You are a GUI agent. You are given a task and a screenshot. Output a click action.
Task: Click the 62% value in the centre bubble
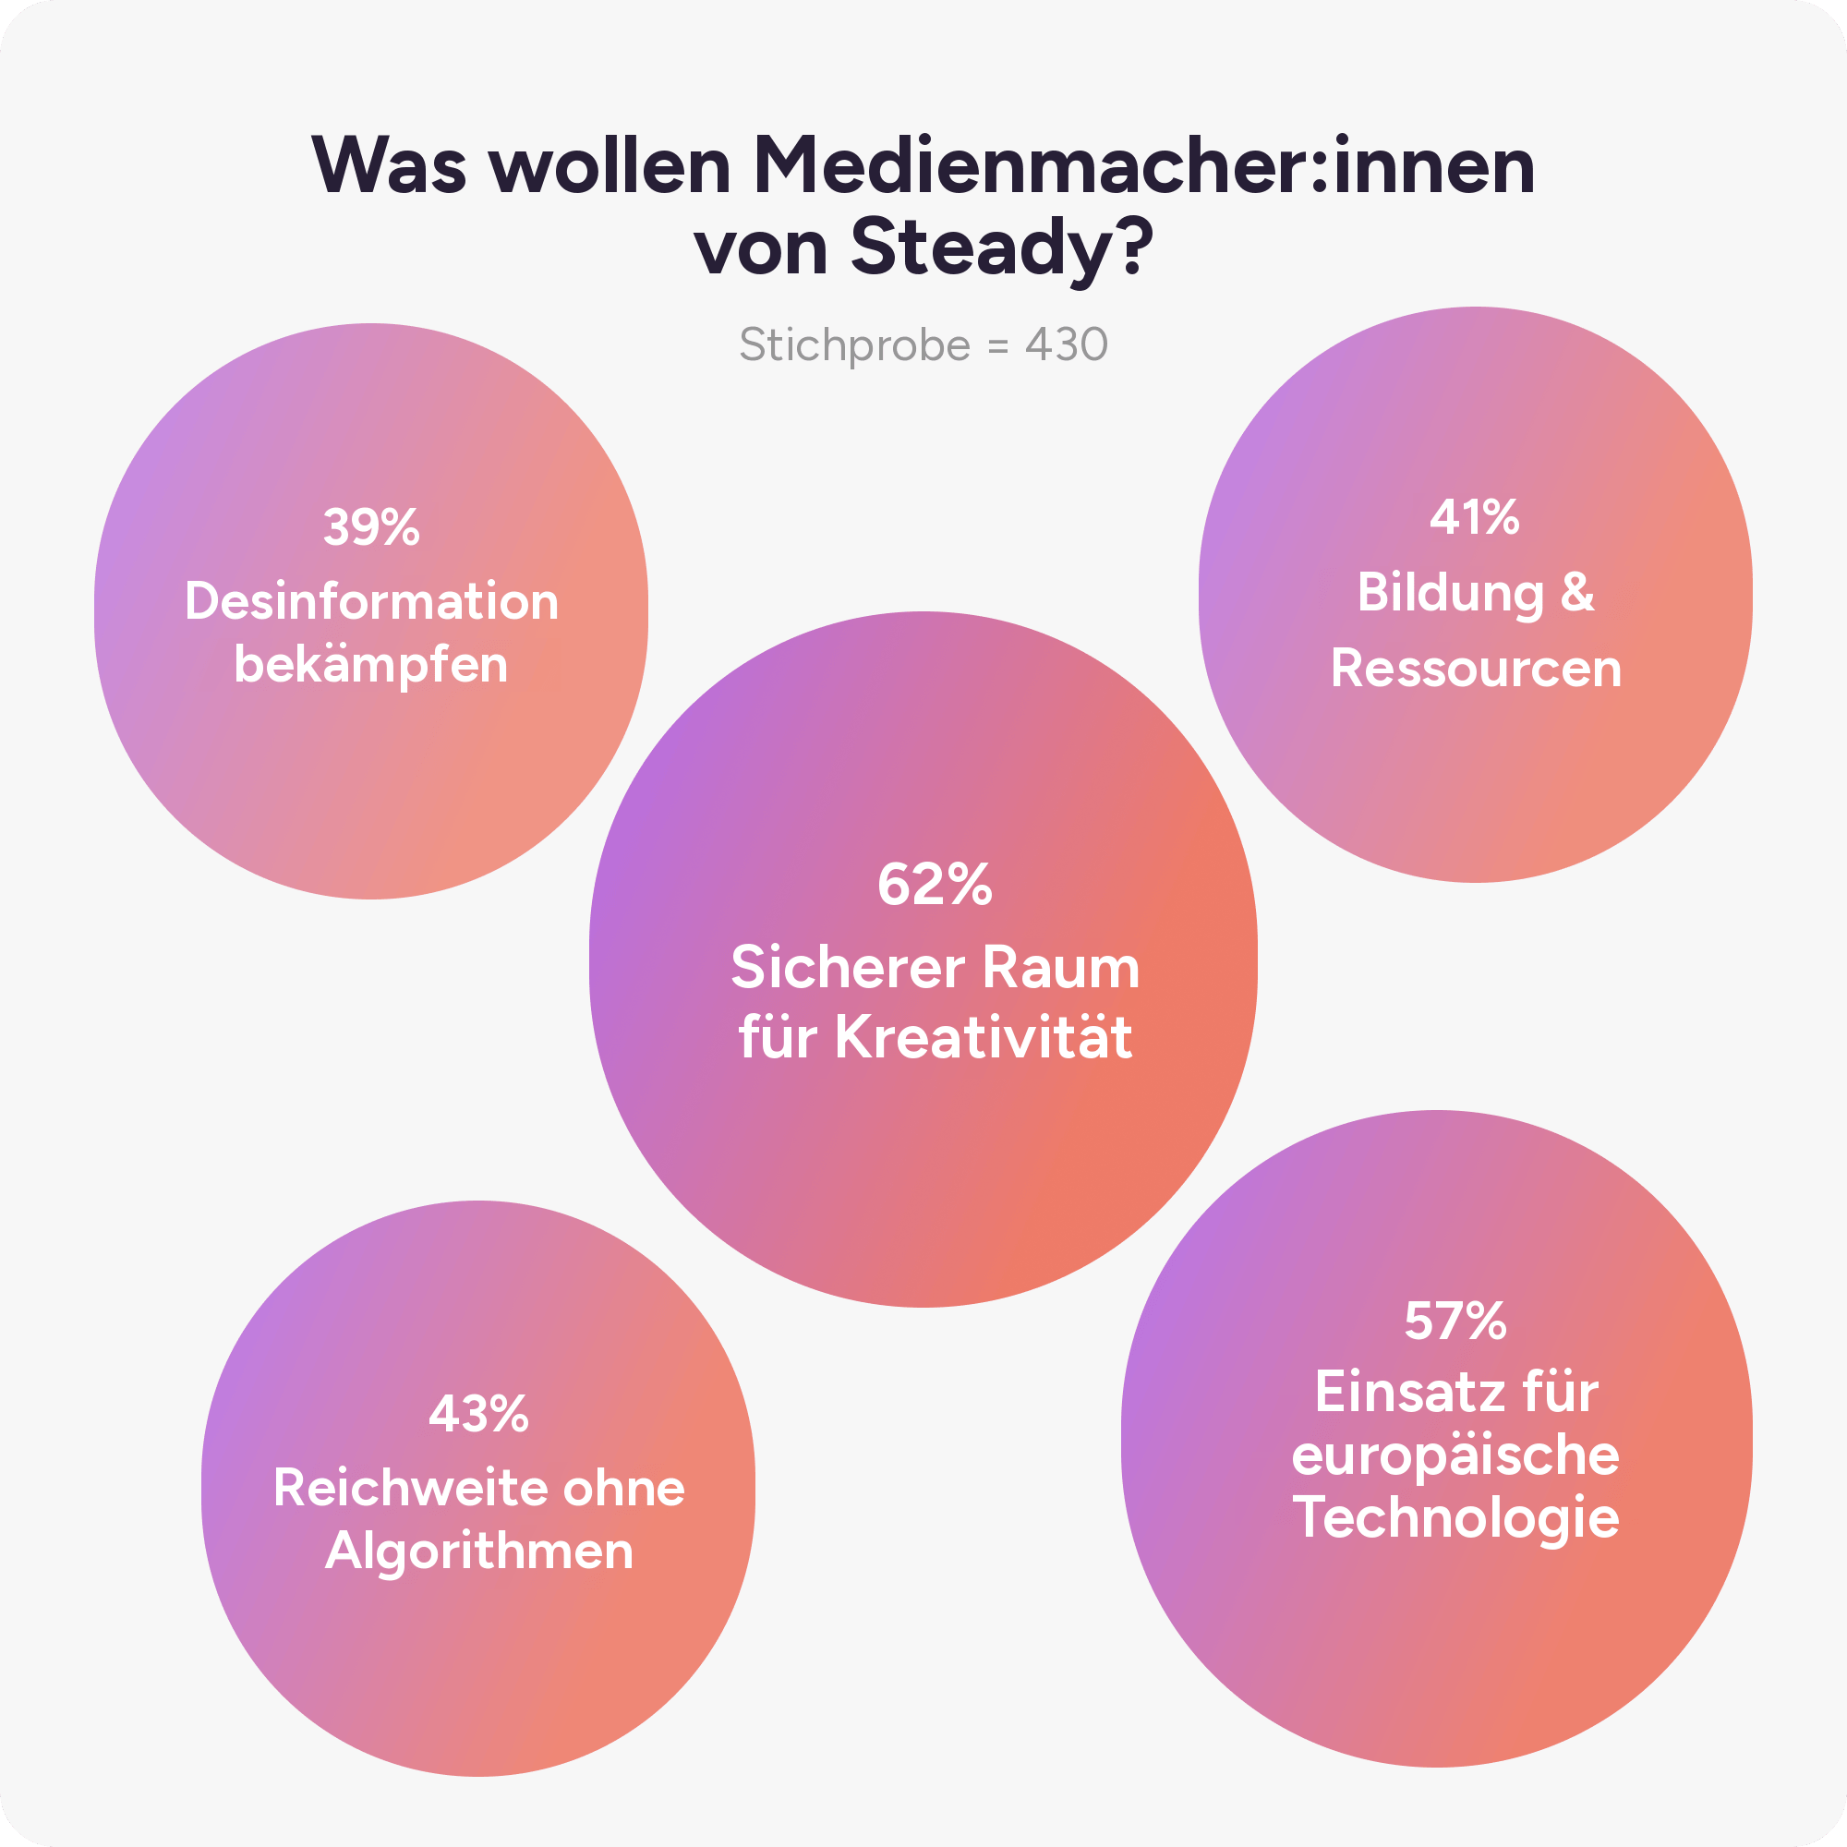point(934,885)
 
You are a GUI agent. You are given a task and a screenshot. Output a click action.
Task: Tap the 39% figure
point(371,526)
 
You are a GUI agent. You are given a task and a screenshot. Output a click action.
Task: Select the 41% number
point(1474,517)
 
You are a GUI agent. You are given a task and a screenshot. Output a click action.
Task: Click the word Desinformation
point(372,601)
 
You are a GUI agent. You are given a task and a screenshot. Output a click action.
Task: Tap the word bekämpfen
point(371,665)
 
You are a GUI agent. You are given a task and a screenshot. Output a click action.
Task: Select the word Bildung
point(1450,594)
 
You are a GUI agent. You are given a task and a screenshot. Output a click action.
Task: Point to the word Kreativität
point(984,1036)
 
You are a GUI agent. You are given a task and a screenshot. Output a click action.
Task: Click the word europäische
point(1455,1457)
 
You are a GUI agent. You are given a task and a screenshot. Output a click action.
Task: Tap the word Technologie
point(1455,1519)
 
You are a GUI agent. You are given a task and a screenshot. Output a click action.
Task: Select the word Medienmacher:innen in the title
point(1144,165)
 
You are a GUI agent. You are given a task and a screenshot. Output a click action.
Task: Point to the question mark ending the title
point(1135,244)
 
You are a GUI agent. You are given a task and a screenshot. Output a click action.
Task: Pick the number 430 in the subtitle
point(1066,344)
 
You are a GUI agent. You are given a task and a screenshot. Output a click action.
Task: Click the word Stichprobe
point(854,346)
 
